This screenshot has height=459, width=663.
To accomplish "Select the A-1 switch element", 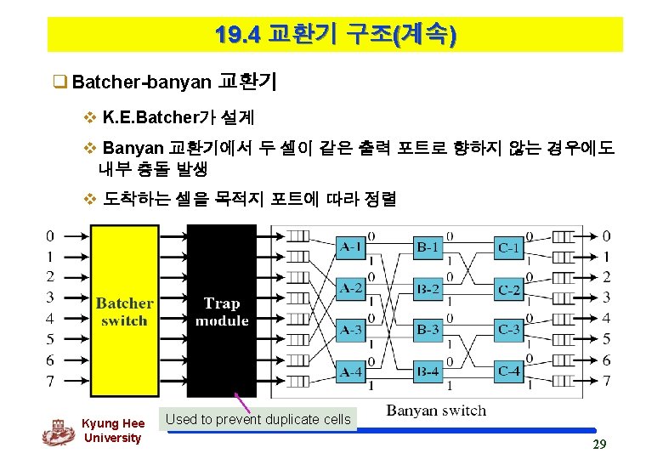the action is [x=351, y=247].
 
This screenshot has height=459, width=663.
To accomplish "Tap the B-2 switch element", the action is [x=428, y=288].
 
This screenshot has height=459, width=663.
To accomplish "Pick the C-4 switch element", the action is [x=508, y=371].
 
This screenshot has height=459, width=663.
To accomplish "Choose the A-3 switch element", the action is [x=351, y=329].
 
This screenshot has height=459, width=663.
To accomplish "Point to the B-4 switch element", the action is [x=428, y=371].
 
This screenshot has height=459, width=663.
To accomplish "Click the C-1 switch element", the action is [x=508, y=247].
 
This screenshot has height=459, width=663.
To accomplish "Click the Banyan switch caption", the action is [x=436, y=411].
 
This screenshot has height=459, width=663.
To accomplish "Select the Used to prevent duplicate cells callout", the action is [x=258, y=419].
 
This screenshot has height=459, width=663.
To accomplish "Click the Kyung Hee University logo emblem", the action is [x=57, y=432].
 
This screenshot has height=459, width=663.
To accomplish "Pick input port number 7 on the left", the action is [x=51, y=382].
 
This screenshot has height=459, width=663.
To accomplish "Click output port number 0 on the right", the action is [x=606, y=235].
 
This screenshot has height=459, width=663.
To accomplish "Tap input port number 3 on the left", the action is [x=51, y=297].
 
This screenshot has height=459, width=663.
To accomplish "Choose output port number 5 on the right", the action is [x=606, y=339].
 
